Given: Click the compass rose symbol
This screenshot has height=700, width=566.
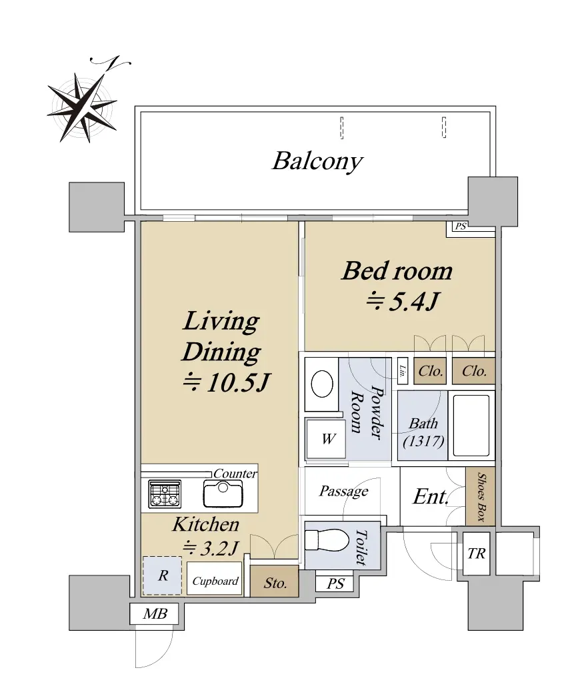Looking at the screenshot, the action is tap(83, 107).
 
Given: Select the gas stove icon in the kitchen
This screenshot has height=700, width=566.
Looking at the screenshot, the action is tap(165, 494).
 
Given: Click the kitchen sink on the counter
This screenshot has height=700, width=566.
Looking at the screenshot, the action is tap(223, 494).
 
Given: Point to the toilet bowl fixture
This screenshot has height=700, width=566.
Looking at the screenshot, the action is tap(327, 541).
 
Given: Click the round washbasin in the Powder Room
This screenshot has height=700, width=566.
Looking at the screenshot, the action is tap(322, 384).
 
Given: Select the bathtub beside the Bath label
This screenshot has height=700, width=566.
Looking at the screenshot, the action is tap(471, 426).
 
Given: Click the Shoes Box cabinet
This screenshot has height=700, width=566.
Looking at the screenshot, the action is tap(481, 496).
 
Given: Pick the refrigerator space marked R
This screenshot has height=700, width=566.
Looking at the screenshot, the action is tap(163, 575).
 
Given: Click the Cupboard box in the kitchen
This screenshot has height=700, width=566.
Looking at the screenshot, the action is tap(215, 579).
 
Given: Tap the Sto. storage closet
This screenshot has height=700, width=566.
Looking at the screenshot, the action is tap(274, 581).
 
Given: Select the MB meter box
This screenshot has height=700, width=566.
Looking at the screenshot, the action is tap(155, 614).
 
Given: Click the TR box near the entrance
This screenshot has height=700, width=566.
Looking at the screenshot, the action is tap(477, 553).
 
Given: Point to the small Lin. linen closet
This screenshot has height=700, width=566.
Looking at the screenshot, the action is tap(403, 370).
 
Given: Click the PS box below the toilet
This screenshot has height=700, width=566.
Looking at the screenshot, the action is tap(335, 583).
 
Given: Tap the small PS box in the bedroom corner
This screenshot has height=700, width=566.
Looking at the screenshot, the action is tap(461, 226).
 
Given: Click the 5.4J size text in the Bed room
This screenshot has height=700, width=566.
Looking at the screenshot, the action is tap(403, 301).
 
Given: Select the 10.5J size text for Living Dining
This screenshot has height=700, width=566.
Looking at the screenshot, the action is tap(227, 382).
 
